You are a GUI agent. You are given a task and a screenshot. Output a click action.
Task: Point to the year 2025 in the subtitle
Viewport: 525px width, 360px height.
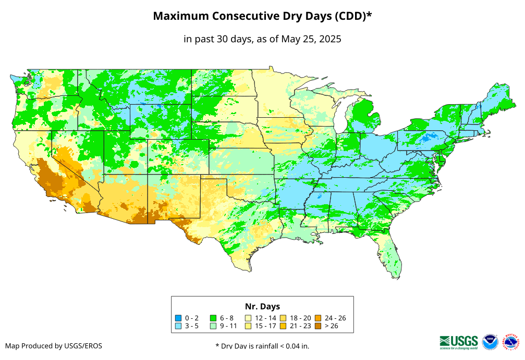329,39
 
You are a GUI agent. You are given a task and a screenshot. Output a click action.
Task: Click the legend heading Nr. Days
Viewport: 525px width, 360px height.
262,306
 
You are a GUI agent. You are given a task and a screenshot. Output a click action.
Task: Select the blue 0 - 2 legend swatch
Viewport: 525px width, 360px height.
178,318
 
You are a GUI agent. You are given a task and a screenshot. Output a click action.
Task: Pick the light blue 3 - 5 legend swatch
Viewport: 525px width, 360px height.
178,326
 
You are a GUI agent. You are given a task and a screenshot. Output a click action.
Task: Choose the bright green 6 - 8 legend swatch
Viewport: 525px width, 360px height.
213,318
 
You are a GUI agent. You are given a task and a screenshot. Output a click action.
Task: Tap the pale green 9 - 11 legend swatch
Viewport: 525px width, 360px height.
213,326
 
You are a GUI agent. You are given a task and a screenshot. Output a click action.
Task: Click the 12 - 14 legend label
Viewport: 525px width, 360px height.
265,318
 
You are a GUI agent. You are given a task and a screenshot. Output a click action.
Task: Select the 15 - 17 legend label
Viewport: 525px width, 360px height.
265,326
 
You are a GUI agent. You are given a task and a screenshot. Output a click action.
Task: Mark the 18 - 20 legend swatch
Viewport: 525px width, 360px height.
283,318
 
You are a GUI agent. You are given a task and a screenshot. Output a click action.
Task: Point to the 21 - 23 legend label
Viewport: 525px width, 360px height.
300,326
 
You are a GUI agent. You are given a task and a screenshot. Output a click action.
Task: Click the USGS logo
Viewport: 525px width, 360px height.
459,341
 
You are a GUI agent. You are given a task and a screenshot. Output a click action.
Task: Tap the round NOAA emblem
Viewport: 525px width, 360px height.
490,342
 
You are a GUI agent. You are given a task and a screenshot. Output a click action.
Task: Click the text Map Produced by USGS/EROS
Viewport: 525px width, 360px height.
54,346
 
